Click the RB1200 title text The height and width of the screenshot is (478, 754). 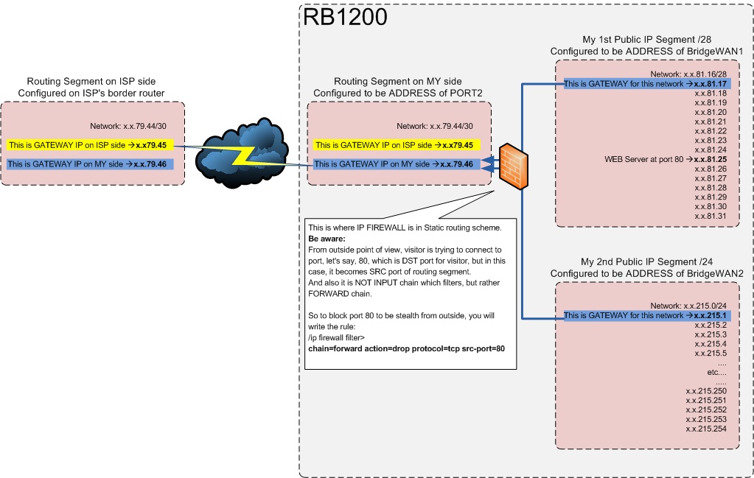click(345, 17)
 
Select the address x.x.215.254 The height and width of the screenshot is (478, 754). click(705, 429)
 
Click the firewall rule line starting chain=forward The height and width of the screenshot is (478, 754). click(411, 347)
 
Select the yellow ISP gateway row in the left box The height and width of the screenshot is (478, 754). click(91, 145)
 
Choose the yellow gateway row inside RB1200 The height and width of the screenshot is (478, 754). click(398, 145)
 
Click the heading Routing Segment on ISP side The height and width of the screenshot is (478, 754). click(91, 81)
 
